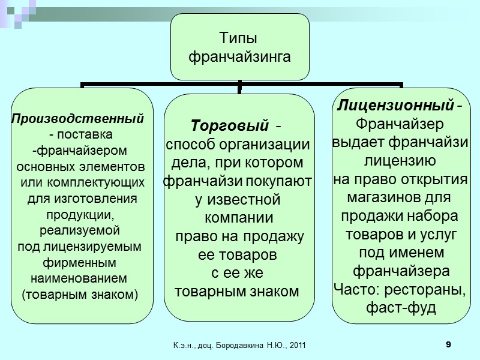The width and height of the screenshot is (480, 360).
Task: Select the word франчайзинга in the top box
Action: [239, 58]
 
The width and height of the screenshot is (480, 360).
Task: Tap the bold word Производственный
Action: [78, 117]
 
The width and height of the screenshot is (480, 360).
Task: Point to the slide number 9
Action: [448, 344]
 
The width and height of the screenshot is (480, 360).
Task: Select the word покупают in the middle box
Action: [281, 180]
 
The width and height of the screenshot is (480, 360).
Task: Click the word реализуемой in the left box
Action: [80, 230]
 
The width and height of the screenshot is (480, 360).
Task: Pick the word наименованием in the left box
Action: [79, 278]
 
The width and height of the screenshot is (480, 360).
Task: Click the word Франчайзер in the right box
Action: [400, 124]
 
